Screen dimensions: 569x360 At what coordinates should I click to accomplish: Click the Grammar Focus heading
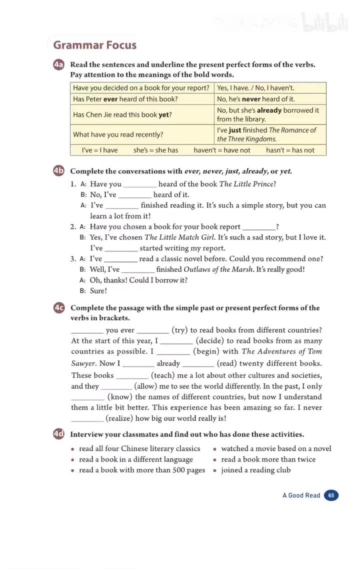[x=94, y=45]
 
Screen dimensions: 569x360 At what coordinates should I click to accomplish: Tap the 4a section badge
[x=59, y=65]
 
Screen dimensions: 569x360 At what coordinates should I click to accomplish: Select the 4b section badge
[x=59, y=171]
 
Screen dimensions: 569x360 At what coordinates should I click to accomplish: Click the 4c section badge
[x=59, y=308]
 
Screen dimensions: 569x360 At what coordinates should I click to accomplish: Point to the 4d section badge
[x=59, y=434]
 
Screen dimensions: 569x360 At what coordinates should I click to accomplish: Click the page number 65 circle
[x=331, y=495]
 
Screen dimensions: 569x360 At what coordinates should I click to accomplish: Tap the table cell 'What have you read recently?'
[x=118, y=134]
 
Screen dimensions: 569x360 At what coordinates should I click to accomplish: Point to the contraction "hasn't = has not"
[x=290, y=150]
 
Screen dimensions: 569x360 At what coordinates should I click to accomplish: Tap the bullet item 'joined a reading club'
[x=255, y=470]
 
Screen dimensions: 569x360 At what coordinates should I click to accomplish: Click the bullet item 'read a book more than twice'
[x=268, y=459]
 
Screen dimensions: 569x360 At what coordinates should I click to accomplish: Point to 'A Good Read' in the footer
[x=301, y=495]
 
